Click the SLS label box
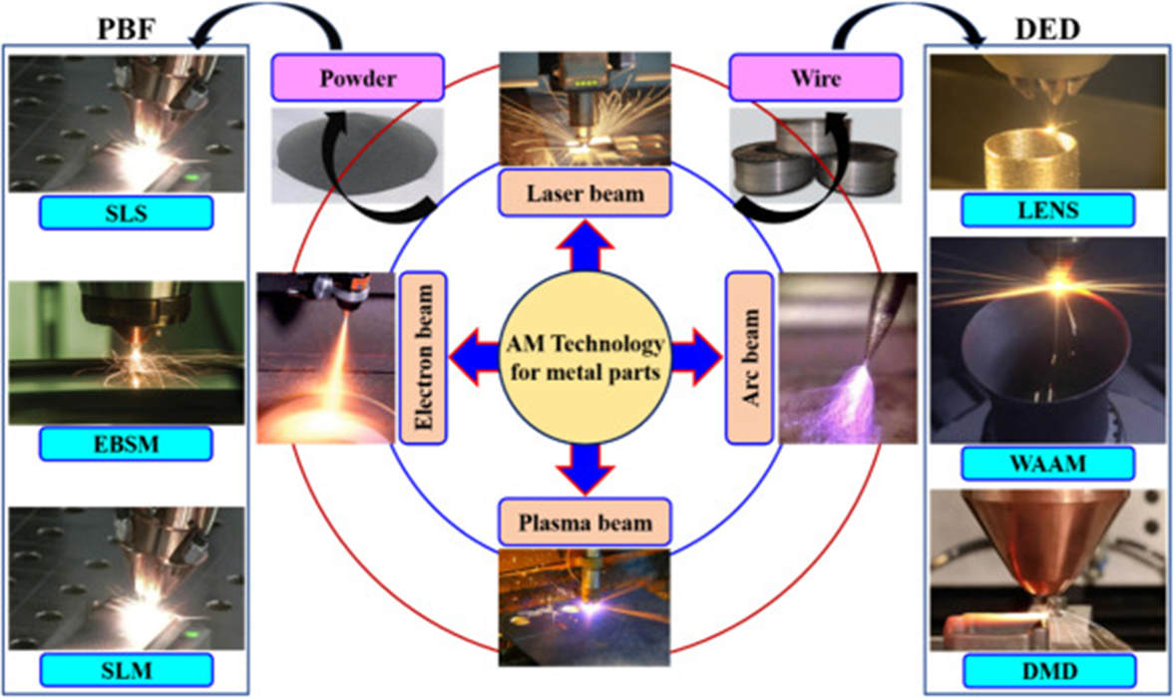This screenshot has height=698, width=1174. (x=126, y=212)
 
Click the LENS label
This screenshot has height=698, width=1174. (x=1047, y=209)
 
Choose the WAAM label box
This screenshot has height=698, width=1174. (x=1047, y=463)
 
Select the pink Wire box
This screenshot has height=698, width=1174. (x=816, y=78)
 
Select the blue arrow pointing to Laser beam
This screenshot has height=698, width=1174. (x=585, y=248)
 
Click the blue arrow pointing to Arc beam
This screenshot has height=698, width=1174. (x=694, y=356)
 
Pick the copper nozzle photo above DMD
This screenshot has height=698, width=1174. (x=1047, y=567)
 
